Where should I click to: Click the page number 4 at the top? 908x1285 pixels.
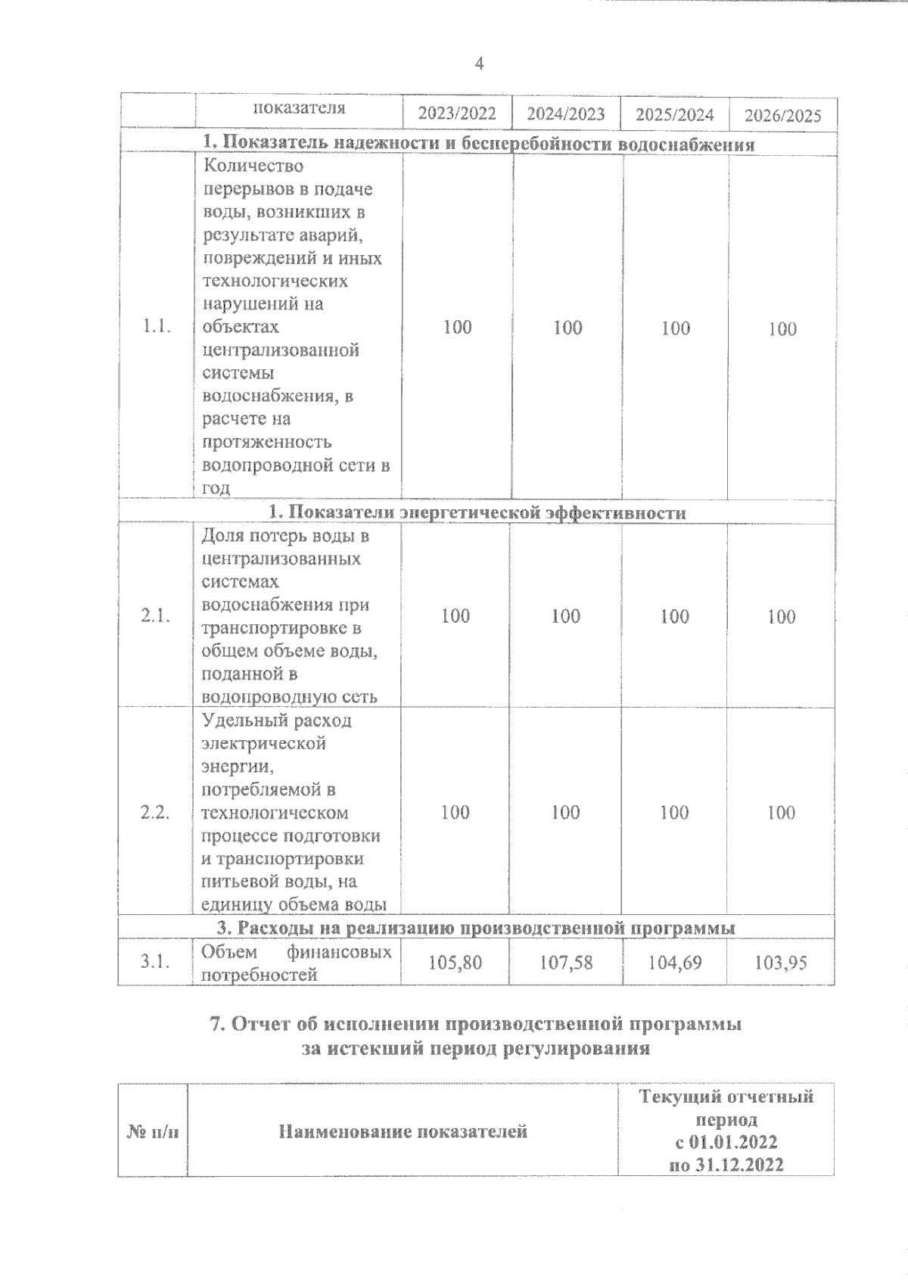(x=478, y=64)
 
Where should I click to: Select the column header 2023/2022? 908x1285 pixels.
(x=457, y=114)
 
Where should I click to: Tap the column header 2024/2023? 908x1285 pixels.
(x=566, y=114)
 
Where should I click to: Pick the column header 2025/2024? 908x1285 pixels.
(x=675, y=115)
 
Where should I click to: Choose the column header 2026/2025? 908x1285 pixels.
(x=782, y=116)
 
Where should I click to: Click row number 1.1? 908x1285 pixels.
(x=157, y=327)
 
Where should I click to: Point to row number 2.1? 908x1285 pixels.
(x=155, y=616)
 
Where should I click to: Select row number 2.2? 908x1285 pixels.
(x=155, y=812)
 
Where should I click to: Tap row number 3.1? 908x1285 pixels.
(x=155, y=962)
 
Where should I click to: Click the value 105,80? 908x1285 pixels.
(x=456, y=963)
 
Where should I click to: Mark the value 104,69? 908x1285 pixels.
(x=675, y=963)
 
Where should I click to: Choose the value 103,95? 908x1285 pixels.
(x=781, y=963)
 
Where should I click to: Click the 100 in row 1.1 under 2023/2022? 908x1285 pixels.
(x=457, y=327)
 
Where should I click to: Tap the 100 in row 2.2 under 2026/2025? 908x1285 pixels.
(x=781, y=813)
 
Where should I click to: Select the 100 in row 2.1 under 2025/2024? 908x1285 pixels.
(x=675, y=617)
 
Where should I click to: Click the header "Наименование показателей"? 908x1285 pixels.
(x=403, y=1132)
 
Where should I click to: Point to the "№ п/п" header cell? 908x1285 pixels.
(x=152, y=1133)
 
